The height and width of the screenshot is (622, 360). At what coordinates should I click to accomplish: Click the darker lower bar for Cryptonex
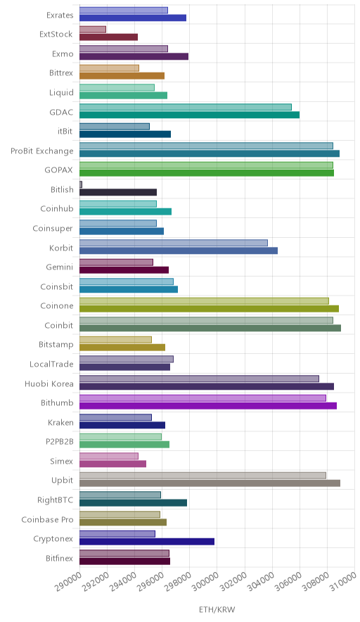click(x=147, y=542)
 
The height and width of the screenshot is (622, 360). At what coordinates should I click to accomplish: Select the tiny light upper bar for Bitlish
click(x=81, y=184)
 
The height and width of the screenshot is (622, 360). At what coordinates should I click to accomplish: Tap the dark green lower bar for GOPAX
click(x=207, y=173)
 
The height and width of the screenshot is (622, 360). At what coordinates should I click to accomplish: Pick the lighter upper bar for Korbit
click(x=174, y=243)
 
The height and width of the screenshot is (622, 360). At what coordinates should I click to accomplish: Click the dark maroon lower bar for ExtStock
click(x=109, y=37)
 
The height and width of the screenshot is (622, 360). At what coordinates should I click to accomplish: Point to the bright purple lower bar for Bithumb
click(x=208, y=406)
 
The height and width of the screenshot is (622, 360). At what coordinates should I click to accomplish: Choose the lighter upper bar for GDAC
click(x=186, y=107)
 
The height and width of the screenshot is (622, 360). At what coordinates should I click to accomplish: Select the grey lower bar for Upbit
click(x=210, y=483)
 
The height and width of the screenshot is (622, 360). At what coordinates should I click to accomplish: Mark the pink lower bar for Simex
click(x=113, y=464)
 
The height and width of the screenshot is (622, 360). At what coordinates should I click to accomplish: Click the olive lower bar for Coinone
click(x=210, y=309)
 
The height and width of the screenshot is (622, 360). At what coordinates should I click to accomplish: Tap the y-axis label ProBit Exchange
click(x=42, y=151)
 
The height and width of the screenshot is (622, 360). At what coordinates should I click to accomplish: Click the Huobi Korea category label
click(x=49, y=384)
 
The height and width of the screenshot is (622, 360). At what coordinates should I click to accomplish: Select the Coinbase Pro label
click(x=48, y=520)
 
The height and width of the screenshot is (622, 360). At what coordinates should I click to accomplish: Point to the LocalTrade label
click(x=51, y=364)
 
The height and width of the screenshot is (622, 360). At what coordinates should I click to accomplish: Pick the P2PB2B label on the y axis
click(x=60, y=441)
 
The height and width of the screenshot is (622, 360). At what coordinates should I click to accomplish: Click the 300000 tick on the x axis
click(x=205, y=583)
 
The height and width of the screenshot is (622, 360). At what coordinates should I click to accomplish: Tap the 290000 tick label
click(x=68, y=583)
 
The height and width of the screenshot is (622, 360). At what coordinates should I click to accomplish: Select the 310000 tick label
click(x=342, y=583)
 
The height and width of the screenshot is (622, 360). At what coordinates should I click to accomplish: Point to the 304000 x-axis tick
click(x=260, y=583)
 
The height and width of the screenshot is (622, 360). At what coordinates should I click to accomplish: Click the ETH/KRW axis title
click(x=217, y=610)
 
